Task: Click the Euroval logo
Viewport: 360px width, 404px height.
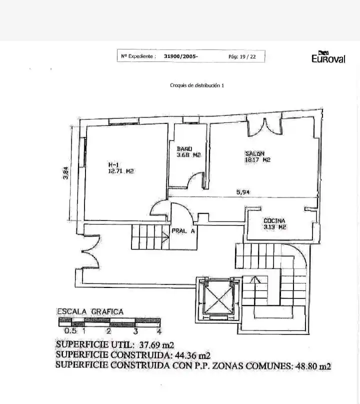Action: [x=328, y=57]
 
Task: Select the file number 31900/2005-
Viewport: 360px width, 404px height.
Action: [x=181, y=56]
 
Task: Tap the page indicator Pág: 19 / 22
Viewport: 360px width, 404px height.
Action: [x=242, y=56]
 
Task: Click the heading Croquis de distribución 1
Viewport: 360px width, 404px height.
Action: [x=197, y=85]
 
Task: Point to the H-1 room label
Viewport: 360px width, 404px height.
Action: [x=113, y=164]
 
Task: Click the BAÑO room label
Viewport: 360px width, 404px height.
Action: [x=184, y=148]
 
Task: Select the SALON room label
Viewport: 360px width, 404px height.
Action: [x=255, y=153]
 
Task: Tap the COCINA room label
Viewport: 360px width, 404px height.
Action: [x=274, y=220]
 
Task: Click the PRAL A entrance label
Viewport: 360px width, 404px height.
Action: [x=183, y=231]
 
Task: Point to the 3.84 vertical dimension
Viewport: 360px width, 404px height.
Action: [x=66, y=173]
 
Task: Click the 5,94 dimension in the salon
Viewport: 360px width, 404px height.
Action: [x=242, y=192]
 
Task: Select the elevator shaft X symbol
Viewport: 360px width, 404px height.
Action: [x=218, y=299]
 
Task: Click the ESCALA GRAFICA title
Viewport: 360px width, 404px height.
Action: [x=90, y=312]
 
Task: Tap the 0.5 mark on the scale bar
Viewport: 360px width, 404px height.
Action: [x=70, y=331]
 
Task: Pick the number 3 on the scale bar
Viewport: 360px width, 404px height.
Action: [x=135, y=331]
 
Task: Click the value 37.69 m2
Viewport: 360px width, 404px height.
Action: [x=156, y=344]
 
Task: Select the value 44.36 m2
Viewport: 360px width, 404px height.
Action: [x=192, y=355]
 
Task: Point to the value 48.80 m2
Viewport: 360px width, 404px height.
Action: [x=313, y=366]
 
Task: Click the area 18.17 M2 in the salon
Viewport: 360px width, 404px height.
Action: [x=257, y=160]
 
